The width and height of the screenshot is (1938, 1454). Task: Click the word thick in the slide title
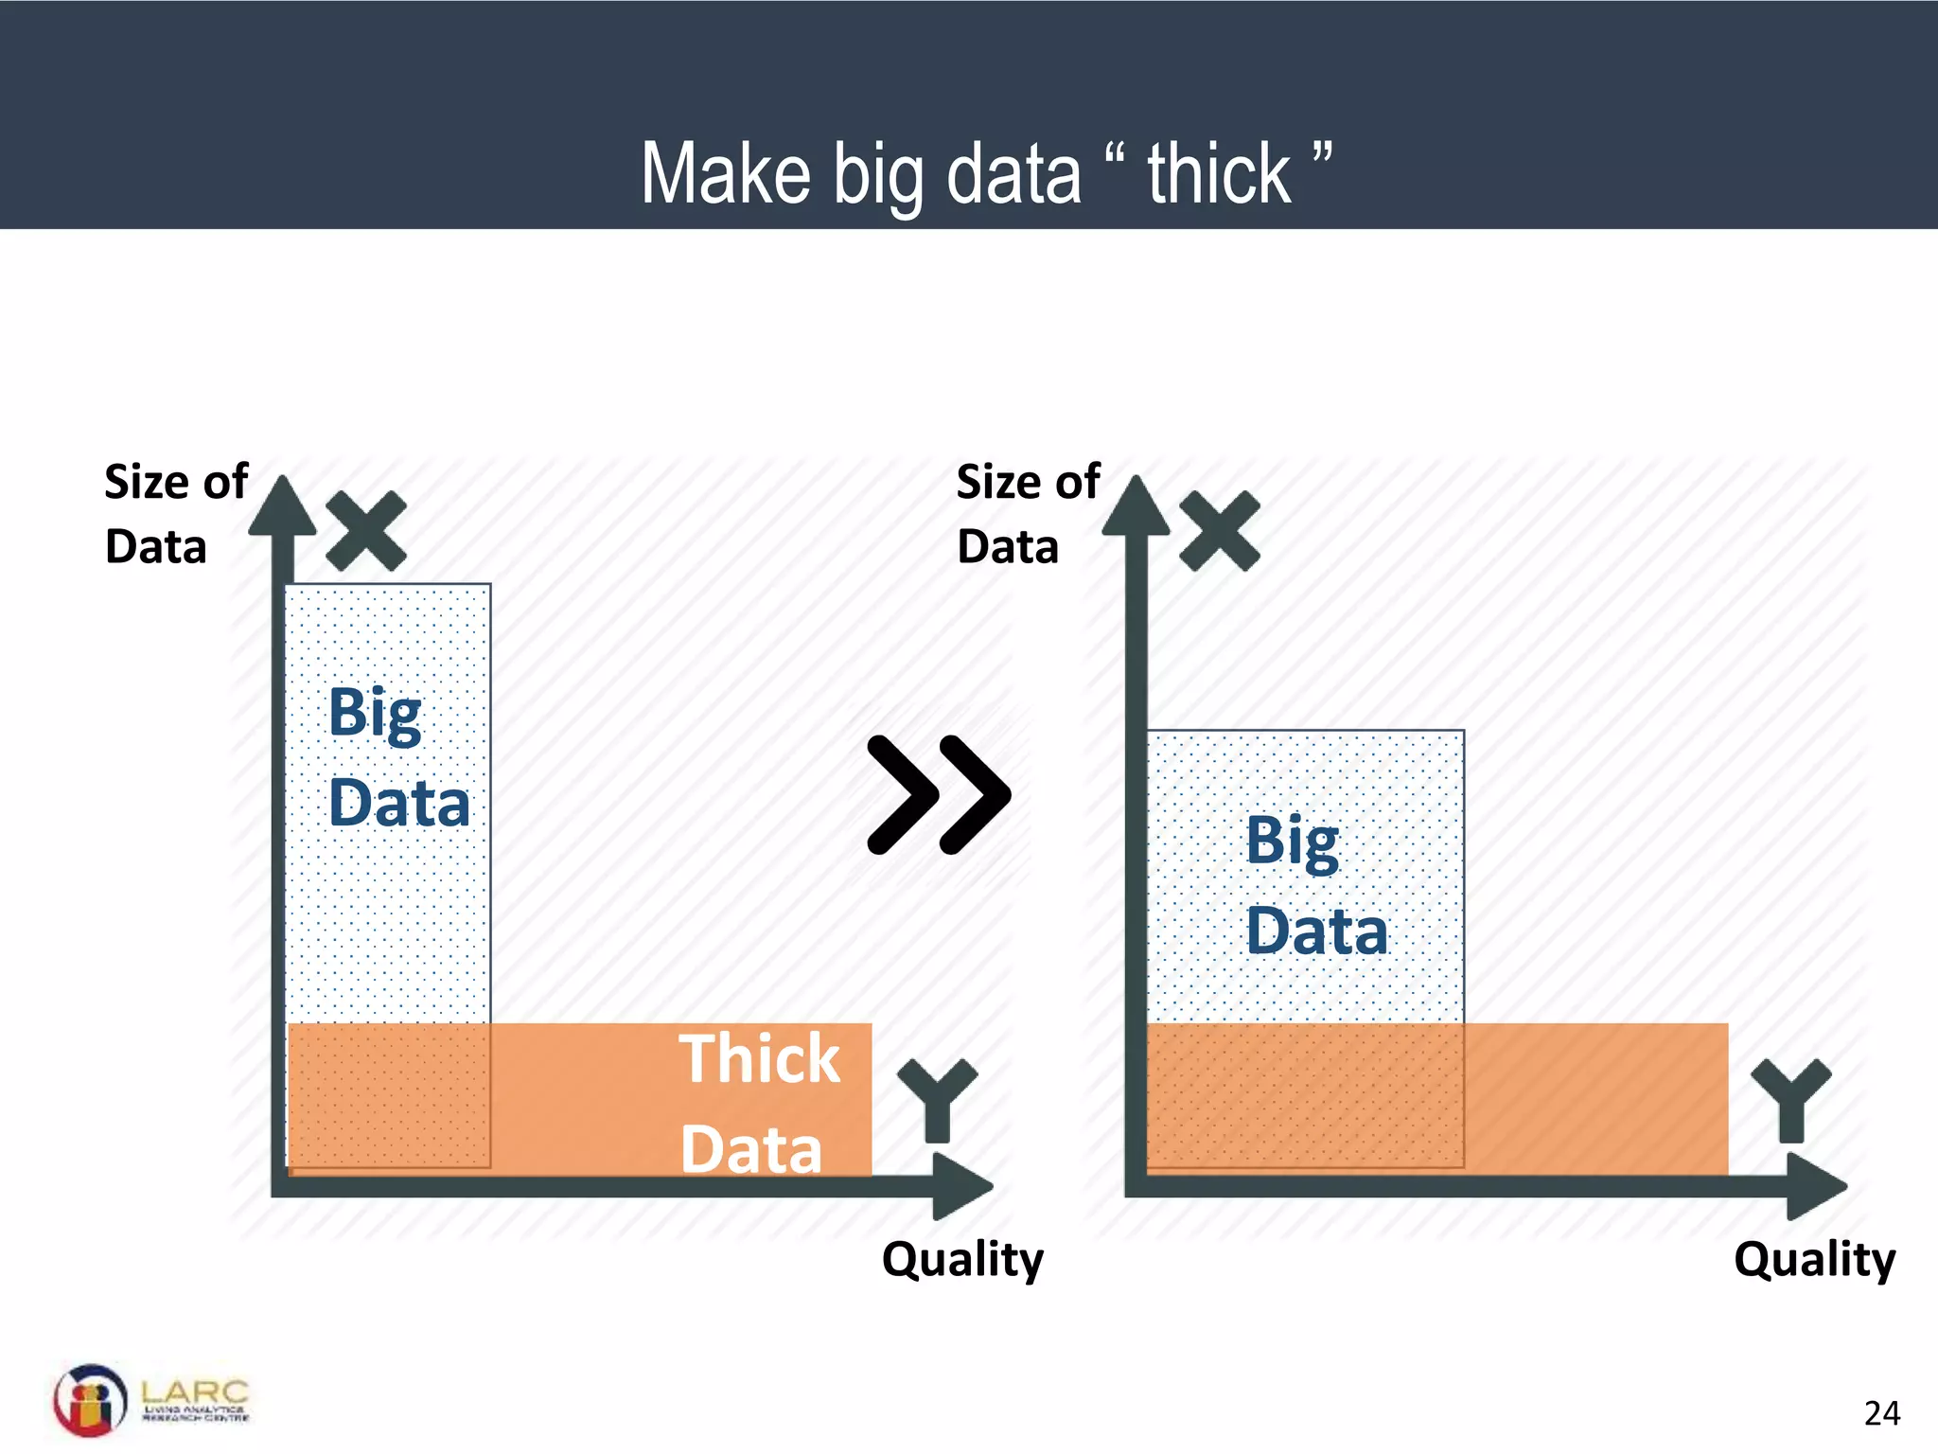coord(1219,174)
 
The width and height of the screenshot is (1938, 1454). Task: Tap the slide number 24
coord(1881,1413)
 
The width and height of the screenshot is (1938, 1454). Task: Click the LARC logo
coord(151,1400)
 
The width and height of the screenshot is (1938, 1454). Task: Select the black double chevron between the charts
coord(939,794)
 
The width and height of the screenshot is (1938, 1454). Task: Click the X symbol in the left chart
coord(366,531)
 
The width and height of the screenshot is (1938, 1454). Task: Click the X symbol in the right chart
coord(1220,531)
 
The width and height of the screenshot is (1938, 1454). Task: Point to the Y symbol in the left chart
coord(937,1098)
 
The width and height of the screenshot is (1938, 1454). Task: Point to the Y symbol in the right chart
coord(1790,1098)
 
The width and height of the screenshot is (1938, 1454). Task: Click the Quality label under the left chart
coord(962,1260)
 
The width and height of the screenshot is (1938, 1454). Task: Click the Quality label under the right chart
coord(1814,1260)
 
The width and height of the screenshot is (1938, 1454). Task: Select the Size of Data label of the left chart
coord(175,514)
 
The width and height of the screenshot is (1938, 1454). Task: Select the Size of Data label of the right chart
coord(1028,514)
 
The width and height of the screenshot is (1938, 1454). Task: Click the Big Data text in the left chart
coord(397,757)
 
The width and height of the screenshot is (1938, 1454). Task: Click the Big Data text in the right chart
coord(1315,885)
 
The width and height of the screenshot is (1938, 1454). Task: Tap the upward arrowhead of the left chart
coord(282,506)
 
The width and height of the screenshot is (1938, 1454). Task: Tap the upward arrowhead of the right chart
coord(1136,506)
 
